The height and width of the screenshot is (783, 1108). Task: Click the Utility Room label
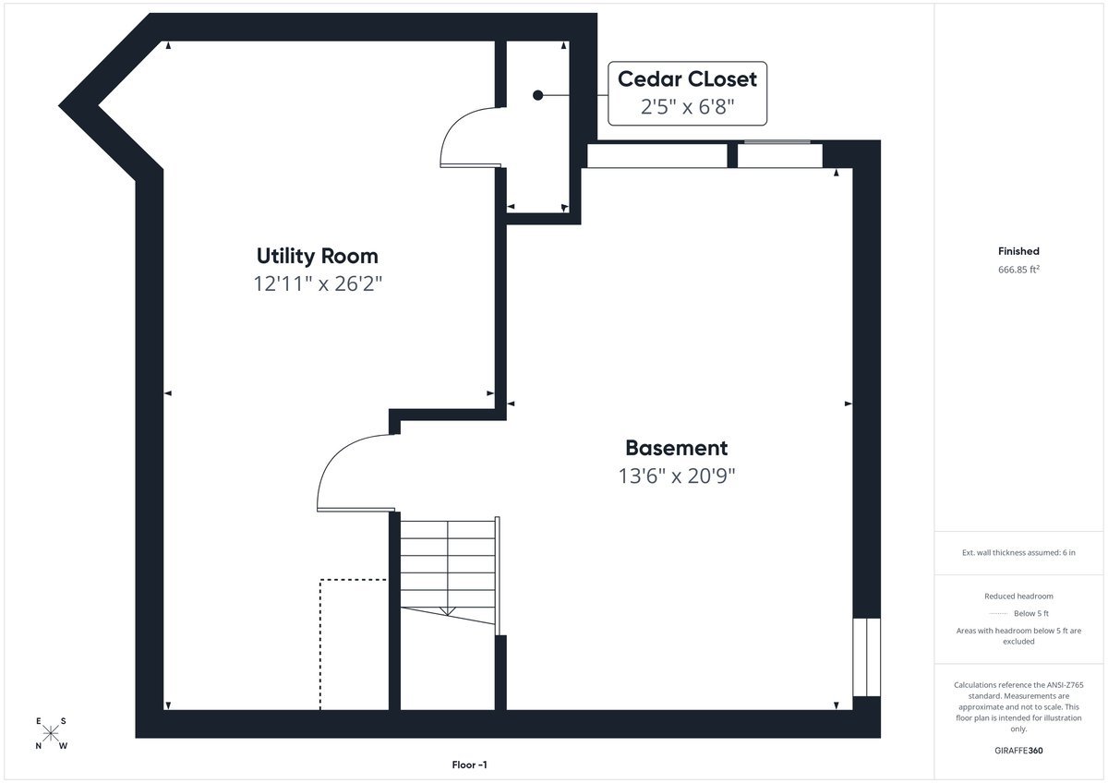click(317, 256)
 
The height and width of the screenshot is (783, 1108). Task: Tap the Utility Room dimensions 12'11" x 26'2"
click(318, 283)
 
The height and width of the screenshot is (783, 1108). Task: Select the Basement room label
click(676, 448)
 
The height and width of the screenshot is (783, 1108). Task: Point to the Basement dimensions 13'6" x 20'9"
click(677, 476)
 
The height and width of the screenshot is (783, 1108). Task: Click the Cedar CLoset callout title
click(687, 79)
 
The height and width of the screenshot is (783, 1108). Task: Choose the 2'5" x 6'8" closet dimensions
click(687, 106)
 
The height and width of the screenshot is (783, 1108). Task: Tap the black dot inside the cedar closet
click(537, 95)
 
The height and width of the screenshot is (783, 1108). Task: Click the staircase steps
click(448, 572)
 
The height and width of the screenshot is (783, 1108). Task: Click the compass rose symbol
click(51, 732)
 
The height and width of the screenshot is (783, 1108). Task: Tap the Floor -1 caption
click(469, 765)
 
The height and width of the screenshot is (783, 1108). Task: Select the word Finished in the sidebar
click(1018, 251)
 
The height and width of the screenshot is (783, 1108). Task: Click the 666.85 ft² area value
click(1018, 270)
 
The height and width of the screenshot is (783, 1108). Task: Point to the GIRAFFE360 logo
click(1018, 751)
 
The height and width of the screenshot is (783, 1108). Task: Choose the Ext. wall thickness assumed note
click(1018, 552)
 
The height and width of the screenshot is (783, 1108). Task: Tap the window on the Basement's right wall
click(867, 657)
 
